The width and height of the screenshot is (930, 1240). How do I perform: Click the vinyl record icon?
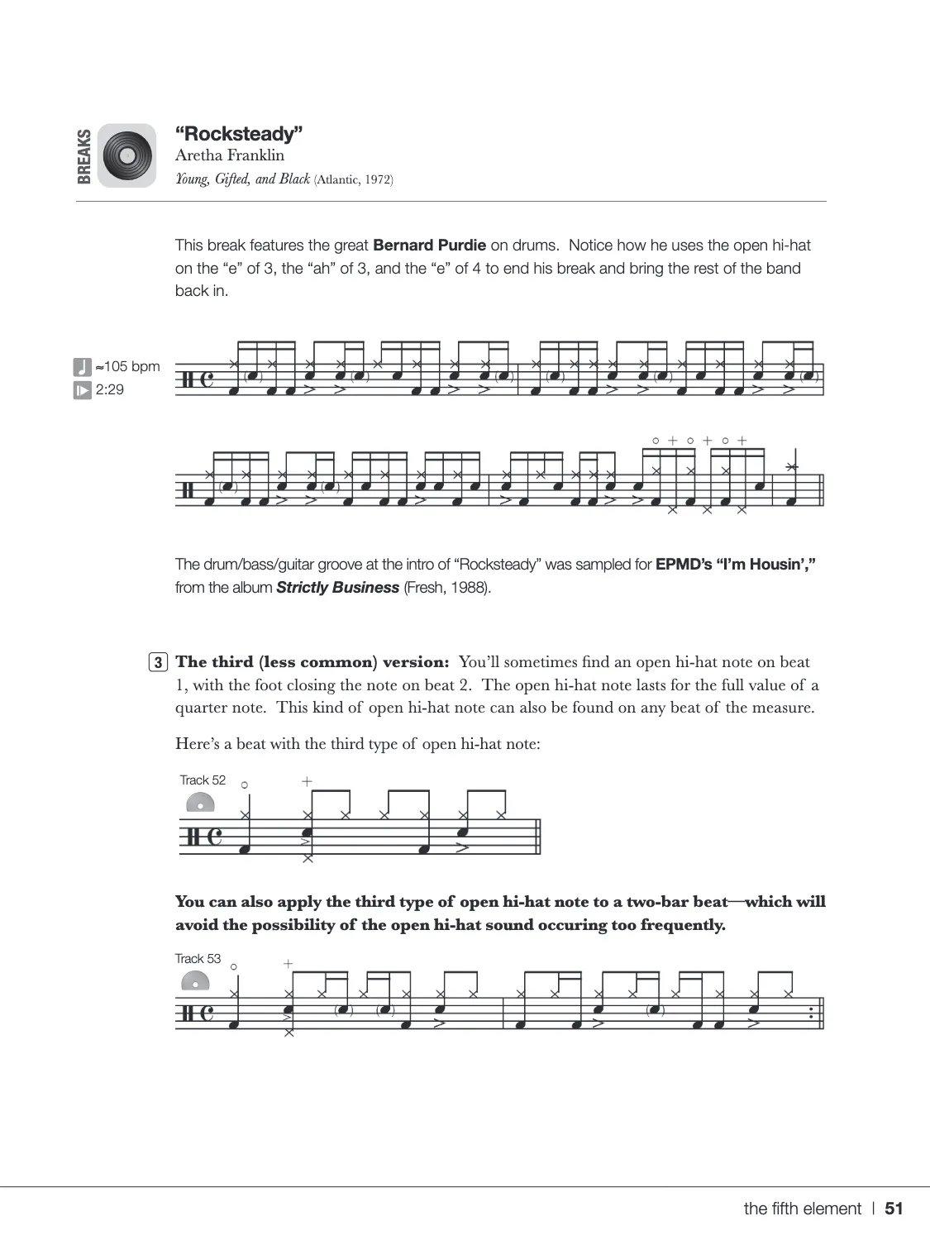coord(126,155)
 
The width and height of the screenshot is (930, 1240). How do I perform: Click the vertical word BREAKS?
coord(83,155)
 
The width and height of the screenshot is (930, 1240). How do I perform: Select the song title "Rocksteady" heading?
coord(239,134)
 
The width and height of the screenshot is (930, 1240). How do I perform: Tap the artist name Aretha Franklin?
coord(230,155)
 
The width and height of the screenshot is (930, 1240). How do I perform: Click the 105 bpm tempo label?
coord(127,366)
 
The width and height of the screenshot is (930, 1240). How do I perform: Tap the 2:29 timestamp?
coord(110,389)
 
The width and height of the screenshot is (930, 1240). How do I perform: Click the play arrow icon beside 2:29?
coord(82,390)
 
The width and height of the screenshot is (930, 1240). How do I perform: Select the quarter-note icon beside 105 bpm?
coord(82,366)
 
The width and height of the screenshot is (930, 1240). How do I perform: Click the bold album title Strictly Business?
coord(337,588)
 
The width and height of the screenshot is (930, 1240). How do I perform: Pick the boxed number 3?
coord(158,662)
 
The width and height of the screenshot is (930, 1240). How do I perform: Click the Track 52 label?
coord(203,780)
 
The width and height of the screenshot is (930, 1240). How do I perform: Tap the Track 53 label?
coord(198,959)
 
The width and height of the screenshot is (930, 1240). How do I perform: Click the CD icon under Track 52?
coord(200,803)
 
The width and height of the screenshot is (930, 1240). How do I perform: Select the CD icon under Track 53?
coord(195,981)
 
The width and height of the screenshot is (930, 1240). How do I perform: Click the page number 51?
coord(894,1209)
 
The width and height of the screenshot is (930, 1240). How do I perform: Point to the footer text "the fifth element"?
coord(802,1209)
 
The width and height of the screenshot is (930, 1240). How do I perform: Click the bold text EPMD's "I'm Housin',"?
coord(736,565)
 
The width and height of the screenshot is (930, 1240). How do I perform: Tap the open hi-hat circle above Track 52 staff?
coord(245,785)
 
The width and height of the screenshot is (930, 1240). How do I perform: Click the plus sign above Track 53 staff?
coord(288,964)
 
